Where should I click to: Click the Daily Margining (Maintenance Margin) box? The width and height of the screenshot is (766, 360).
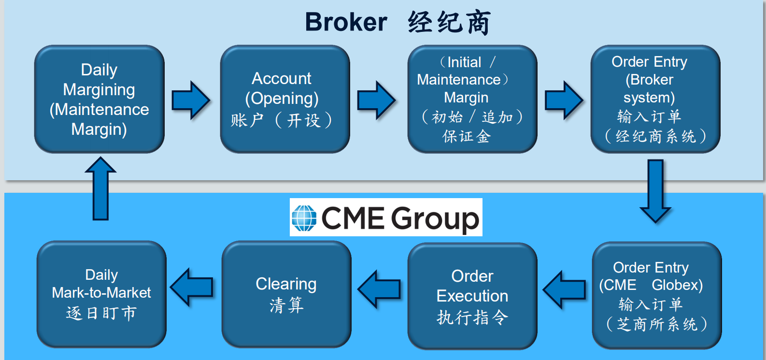[99, 99]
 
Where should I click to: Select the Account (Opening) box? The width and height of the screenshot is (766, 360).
[285, 99]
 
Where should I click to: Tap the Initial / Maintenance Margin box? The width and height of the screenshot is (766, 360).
[472, 99]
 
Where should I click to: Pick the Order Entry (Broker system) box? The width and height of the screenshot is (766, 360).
[655, 99]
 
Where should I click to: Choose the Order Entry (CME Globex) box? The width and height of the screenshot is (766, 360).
[656, 295]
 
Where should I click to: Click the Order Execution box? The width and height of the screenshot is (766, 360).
[472, 296]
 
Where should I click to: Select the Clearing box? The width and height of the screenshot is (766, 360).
[286, 294]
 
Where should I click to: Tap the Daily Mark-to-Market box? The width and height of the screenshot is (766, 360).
[101, 294]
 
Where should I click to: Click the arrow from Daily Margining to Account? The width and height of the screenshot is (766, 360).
[191, 100]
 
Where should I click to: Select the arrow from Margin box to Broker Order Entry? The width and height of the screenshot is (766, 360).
[564, 100]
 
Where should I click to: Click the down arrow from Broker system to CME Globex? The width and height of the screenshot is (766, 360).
[655, 191]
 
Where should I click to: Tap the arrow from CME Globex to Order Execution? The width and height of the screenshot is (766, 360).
[564, 289]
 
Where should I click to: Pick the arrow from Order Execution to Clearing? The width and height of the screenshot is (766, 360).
[379, 289]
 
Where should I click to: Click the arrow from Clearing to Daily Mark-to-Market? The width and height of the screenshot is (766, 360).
[192, 287]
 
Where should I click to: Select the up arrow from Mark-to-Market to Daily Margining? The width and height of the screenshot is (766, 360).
[100, 188]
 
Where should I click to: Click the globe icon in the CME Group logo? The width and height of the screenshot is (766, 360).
[304, 218]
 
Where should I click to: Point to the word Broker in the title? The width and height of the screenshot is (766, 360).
[346, 22]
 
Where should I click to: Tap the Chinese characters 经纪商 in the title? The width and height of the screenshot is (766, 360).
[449, 22]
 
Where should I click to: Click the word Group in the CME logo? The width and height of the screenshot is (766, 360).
[435, 219]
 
